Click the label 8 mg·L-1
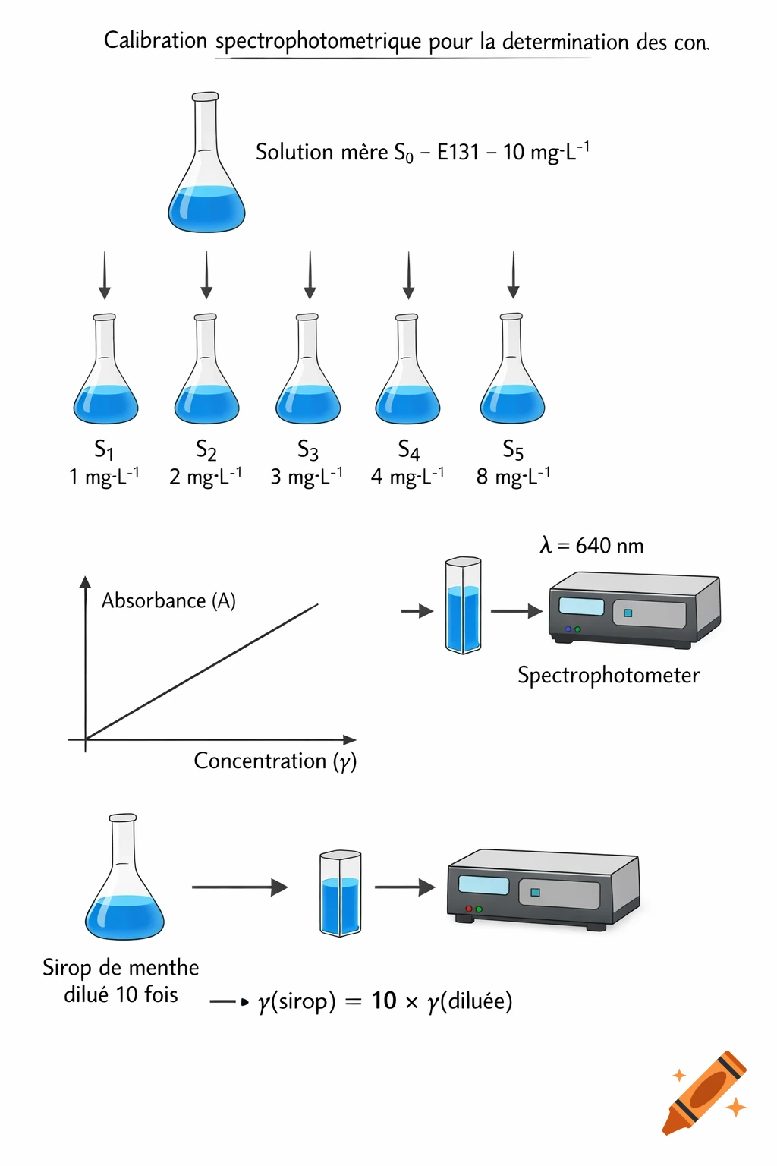click(513, 477)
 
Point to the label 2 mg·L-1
click(205, 477)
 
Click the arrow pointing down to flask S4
click(409, 275)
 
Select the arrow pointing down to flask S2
click(206, 275)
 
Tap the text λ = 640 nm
click(591, 546)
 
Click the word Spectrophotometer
click(609, 675)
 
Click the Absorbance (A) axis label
click(168, 600)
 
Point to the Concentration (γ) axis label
click(275, 761)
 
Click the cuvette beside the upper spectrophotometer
click(463, 606)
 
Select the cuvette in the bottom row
click(340, 893)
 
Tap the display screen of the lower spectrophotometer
click(483, 885)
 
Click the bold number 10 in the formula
click(384, 1001)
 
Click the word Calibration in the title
click(155, 40)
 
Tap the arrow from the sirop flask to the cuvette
click(239, 887)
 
